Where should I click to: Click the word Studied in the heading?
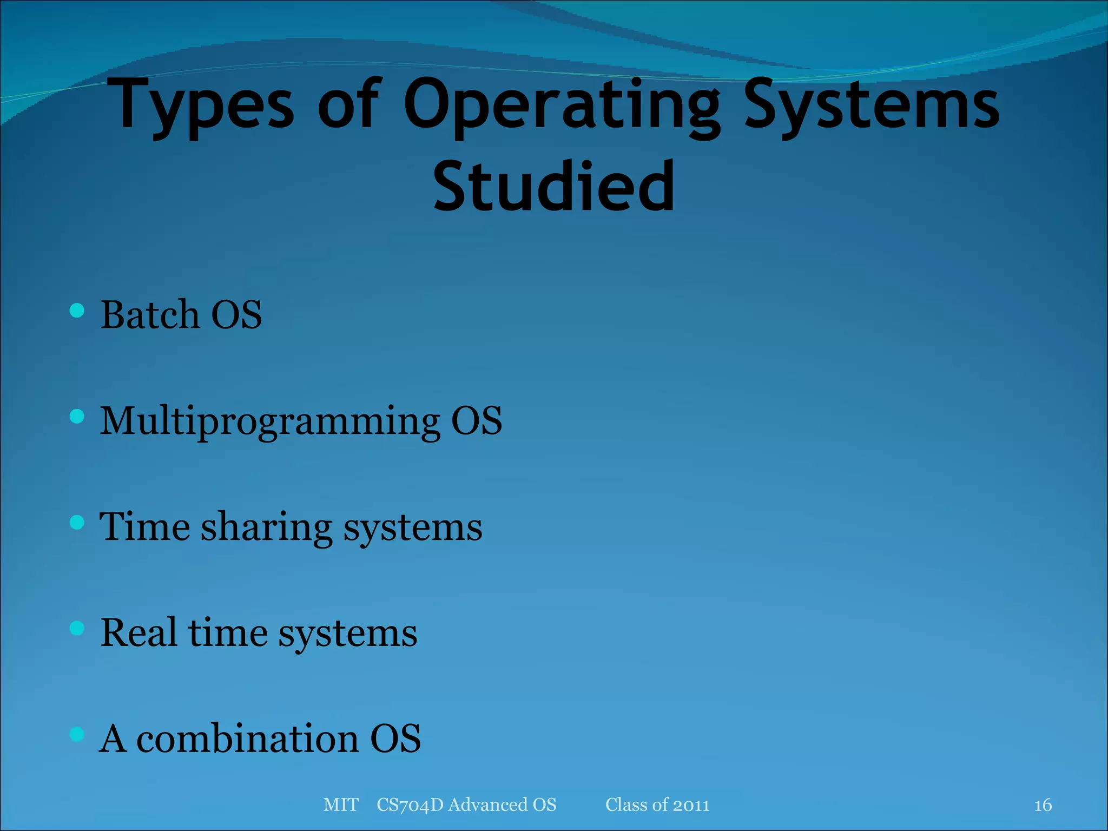pyautogui.click(x=554, y=187)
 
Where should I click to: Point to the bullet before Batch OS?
pyautogui.click(x=77, y=311)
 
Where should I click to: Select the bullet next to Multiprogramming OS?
pyautogui.click(x=77, y=417)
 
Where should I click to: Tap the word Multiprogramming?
pyautogui.click(x=270, y=421)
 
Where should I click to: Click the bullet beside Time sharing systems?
pyautogui.click(x=77, y=523)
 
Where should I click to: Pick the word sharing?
pyautogui.click(x=267, y=528)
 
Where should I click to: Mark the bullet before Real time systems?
pyautogui.click(x=77, y=628)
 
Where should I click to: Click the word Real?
pyautogui.click(x=138, y=632)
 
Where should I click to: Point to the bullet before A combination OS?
pyautogui.click(x=77, y=734)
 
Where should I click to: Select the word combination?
pyautogui.click(x=247, y=738)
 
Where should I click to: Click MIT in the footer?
pyautogui.click(x=341, y=805)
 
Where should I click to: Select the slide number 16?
pyautogui.click(x=1043, y=805)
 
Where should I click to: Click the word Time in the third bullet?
pyautogui.click(x=145, y=527)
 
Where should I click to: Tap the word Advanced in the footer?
pyautogui.click(x=487, y=805)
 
